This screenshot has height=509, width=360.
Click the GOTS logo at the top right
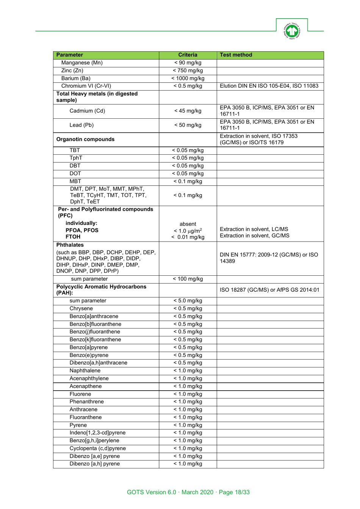coord(291,31)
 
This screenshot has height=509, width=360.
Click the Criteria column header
coord(188,55)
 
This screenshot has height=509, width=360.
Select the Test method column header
coord(236,55)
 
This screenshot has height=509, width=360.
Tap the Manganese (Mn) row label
coord(82,63)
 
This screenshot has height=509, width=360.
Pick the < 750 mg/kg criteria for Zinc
coord(188,71)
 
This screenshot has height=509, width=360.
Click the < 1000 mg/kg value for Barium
coord(188,79)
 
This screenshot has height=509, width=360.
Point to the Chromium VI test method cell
coord(269,86)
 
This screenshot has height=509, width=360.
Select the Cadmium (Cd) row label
coord(87,111)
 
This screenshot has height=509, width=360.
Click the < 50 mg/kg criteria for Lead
coord(188,125)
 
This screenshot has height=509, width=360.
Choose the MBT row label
coord(75,182)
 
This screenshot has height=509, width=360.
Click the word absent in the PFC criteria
coord(188,224)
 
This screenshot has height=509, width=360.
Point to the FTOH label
coord(73,237)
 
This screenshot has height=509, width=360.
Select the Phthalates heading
coord(70,245)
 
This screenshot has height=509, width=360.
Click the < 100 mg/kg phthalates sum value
coord(188,279)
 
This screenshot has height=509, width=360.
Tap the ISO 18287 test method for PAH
coord(269,290)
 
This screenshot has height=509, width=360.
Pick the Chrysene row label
coord(81,309)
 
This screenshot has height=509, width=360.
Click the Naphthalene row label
coord(85,371)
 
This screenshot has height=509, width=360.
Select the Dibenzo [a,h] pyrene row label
coord(94,464)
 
